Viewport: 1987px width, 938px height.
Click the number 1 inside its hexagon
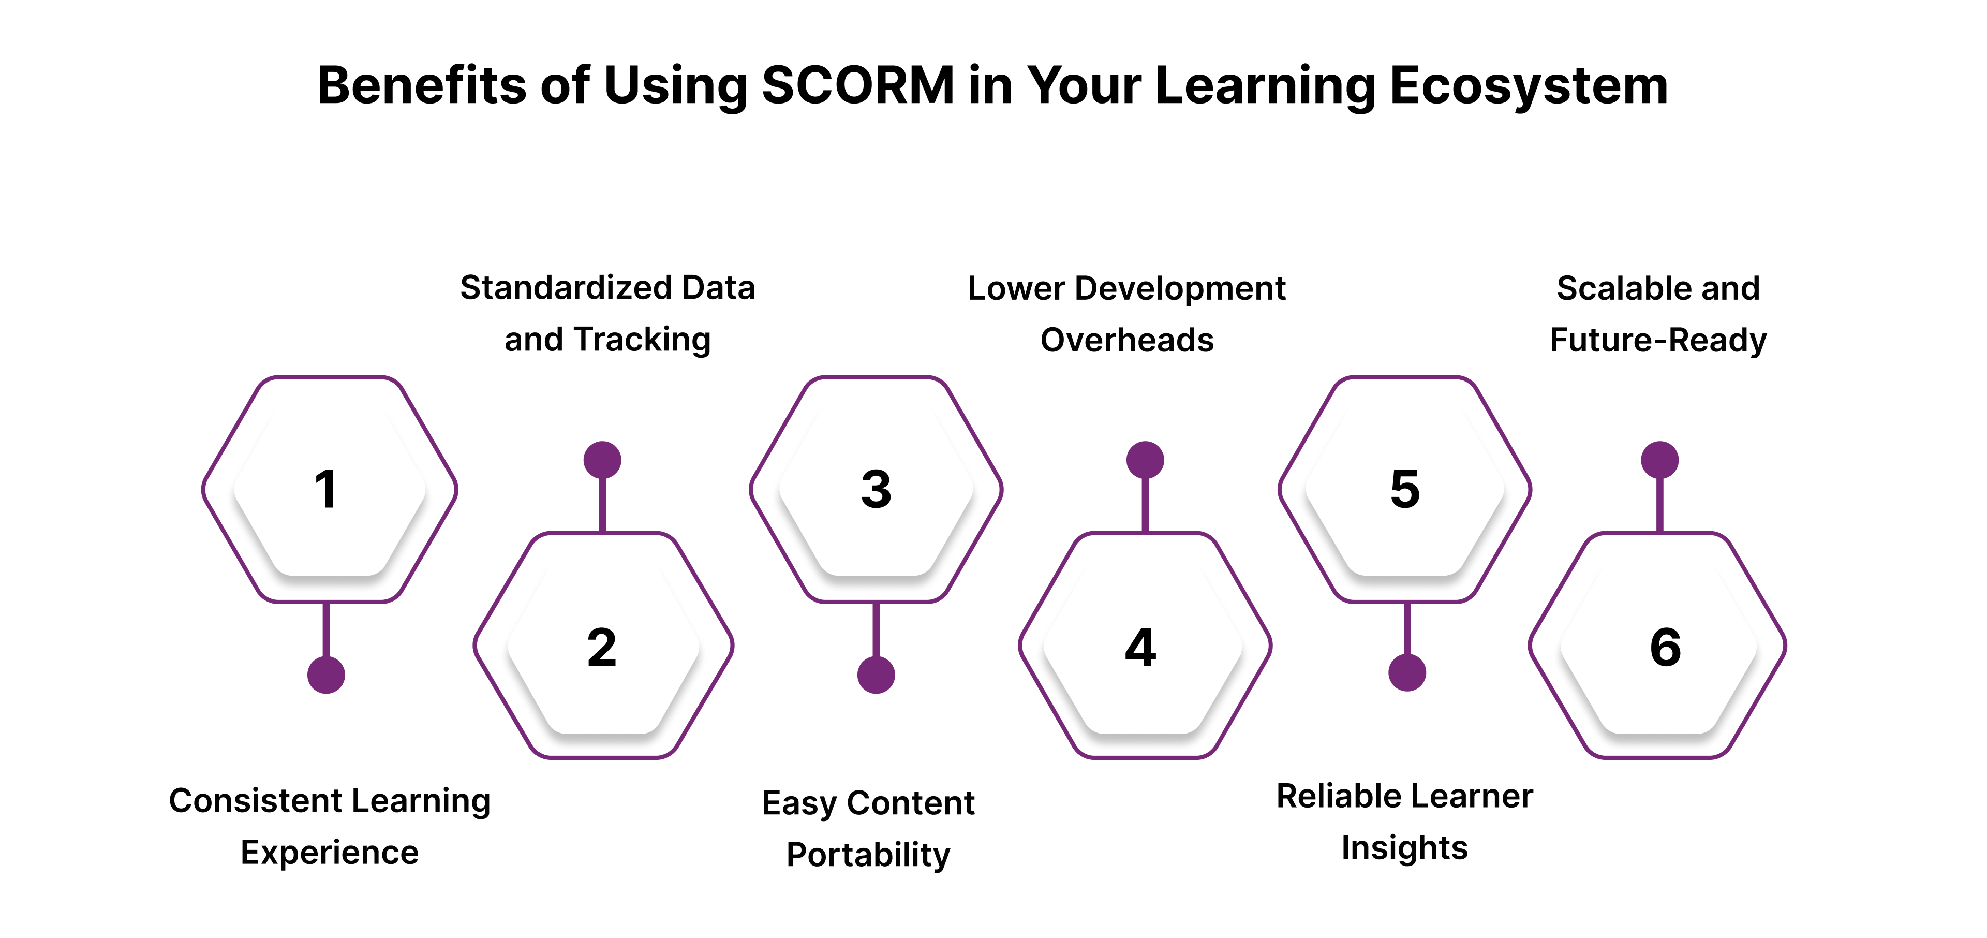click(x=327, y=489)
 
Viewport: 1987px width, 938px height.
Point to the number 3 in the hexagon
click(x=876, y=489)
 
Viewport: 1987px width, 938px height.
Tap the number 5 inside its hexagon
click(x=1405, y=489)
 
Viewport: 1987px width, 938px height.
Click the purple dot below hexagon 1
click(x=327, y=675)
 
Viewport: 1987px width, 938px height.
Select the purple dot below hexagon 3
click(x=876, y=675)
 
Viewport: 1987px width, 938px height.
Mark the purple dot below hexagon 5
click(x=1407, y=672)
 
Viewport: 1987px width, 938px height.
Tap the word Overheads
click(x=1127, y=340)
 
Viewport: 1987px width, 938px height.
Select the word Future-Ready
click(x=1658, y=340)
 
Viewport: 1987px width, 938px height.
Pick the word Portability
click(x=869, y=855)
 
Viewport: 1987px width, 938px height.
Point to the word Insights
click(x=1405, y=848)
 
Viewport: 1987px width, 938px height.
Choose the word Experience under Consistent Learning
click(x=330, y=853)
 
